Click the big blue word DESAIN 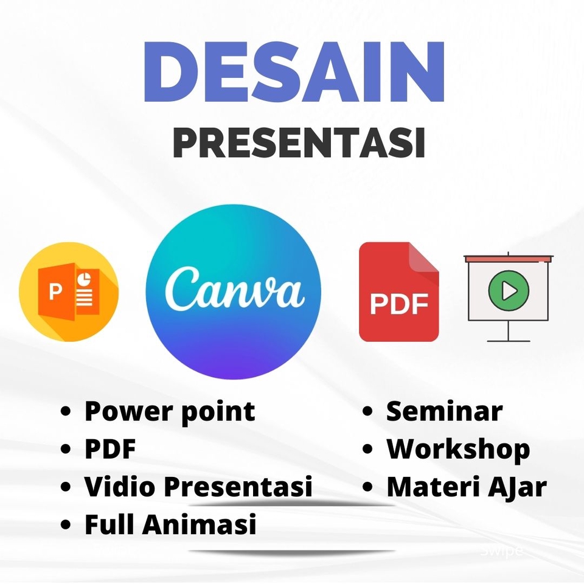(294, 72)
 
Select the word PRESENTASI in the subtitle (298, 144)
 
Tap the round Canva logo (234, 292)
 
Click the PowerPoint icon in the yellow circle (69, 292)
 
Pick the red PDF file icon (398, 292)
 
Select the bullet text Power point (170, 412)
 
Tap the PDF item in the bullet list (110, 450)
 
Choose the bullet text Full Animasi (170, 524)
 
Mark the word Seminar (444, 412)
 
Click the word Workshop (458, 450)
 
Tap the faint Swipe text (501, 551)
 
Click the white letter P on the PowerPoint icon (55, 293)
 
